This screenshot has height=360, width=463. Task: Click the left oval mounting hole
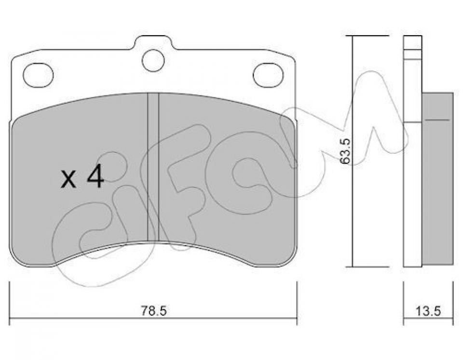click(38, 75)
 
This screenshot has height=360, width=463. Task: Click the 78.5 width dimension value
click(153, 311)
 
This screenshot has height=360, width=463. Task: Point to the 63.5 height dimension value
click(344, 151)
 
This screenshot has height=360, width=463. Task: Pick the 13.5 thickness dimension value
click(428, 311)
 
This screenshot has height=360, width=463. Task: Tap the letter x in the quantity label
click(69, 181)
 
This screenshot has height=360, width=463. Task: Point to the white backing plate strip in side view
click(409, 193)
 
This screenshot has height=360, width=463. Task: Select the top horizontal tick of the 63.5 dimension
click(370, 36)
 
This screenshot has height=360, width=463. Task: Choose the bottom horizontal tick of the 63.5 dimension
click(370, 266)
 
